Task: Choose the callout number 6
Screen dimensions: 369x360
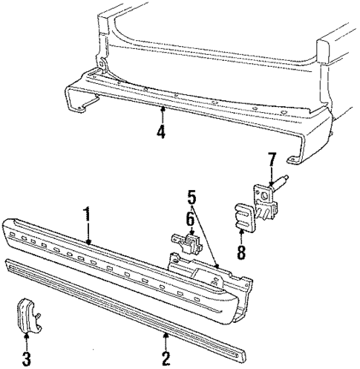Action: [190, 219]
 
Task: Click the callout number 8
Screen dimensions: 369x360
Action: [241, 252]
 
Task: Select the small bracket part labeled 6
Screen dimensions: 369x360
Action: [188, 244]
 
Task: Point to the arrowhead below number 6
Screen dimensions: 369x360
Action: [191, 234]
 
